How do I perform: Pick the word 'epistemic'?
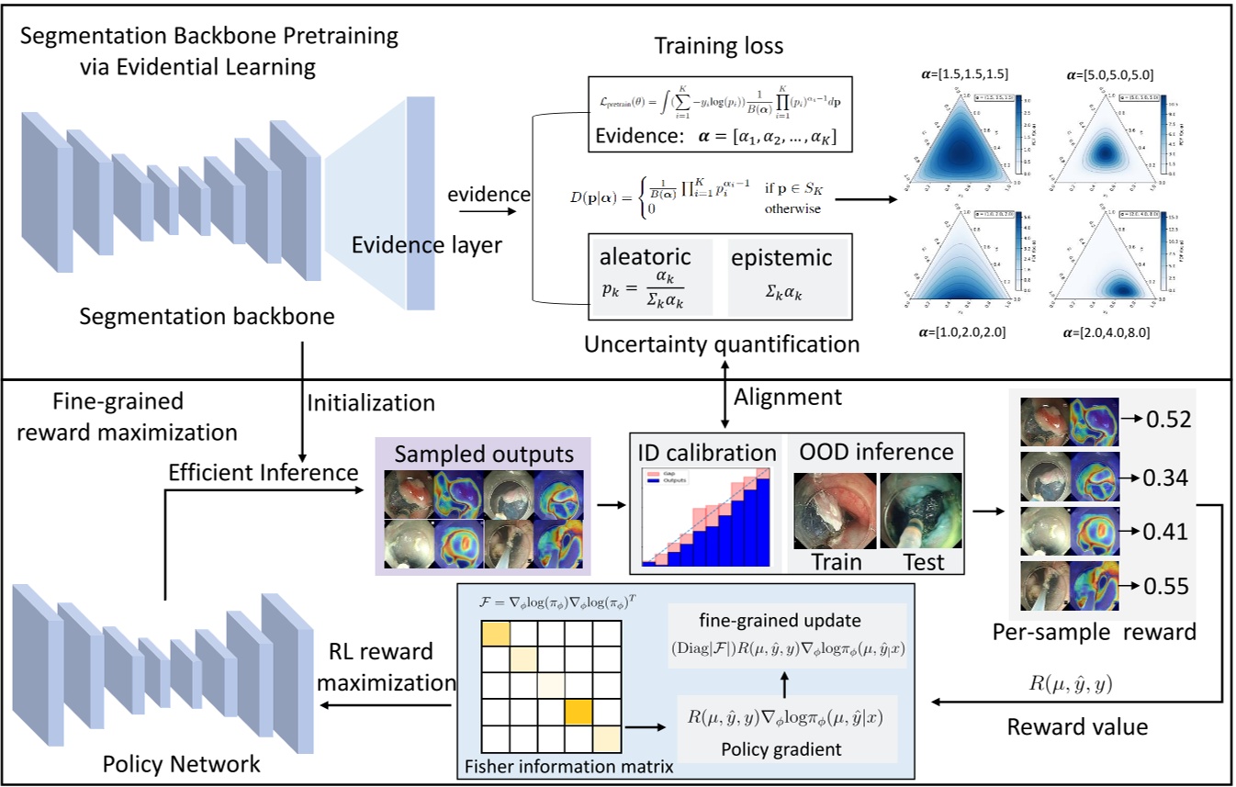(x=781, y=258)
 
